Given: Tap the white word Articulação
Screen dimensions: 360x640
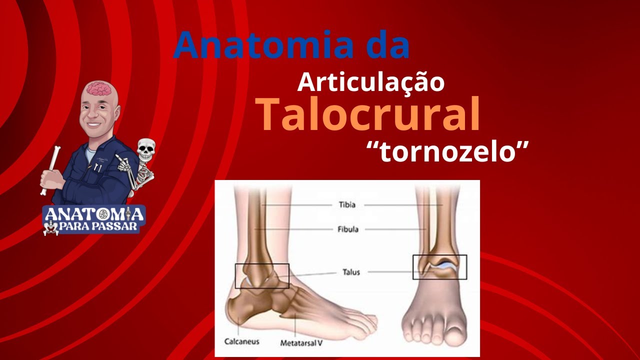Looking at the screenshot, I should point(370,81).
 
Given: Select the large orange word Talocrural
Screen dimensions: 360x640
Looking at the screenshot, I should point(368,115).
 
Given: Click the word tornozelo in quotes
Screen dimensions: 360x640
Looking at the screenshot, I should point(447,151).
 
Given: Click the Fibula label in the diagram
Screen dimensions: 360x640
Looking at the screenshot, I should point(347,229).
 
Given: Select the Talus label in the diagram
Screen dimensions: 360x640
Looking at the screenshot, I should point(351,272).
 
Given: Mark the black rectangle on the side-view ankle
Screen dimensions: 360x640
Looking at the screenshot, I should point(262,276).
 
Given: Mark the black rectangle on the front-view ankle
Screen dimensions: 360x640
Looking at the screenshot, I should point(439,267).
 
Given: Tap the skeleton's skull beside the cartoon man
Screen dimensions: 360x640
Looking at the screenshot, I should point(146,148).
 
